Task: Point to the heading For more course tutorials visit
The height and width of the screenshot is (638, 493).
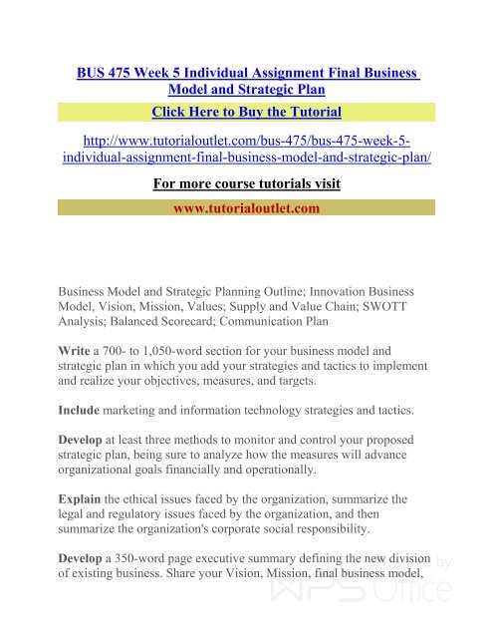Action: click(x=247, y=183)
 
